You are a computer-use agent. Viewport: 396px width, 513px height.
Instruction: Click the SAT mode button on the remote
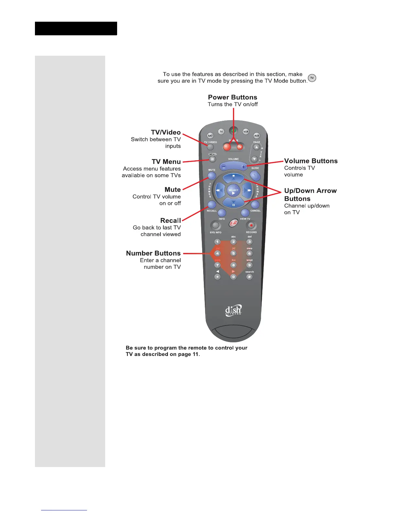pyautogui.click(x=210, y=136)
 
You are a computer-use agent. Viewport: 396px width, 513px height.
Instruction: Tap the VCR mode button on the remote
pyautogui.click(x=246, y=131)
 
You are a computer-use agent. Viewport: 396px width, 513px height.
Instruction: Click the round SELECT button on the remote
pyautogui.click(x=233, y=190)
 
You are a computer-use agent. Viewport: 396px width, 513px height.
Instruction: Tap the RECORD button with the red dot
pyautogui.click(x=251, y=225)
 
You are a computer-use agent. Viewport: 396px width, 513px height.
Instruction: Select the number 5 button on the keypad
pyautogui.click(x=233, y=253)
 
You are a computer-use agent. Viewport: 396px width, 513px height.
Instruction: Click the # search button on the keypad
pyautogui.click(x=249, y=277)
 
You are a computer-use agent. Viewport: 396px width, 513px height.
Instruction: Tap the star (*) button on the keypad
pyautogui.click(x=217, y=277)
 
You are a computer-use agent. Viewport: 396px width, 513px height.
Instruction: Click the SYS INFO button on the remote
pyautogui.click(x=215, y=225)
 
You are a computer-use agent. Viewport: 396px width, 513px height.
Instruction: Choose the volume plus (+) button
pyautogui.click(x=243, y=167)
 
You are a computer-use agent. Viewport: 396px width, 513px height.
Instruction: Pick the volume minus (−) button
pyautogui.click(x=224, y=167)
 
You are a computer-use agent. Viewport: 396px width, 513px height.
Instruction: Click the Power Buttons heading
pyautogui.click(x=232, y=97)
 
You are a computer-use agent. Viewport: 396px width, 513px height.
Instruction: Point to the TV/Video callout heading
pyautogui.click(x=166, y=132)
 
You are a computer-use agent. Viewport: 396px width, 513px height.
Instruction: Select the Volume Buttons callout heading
pyautogui.click(x=311, y=161)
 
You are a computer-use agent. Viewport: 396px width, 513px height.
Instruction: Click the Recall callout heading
pyautogui.click(x=170, y=221)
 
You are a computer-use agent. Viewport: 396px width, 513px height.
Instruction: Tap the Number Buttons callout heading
pyautogui.click(x=153, y=253)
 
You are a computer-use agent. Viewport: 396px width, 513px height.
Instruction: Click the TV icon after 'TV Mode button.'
pyautogui.click(x=312, y=78)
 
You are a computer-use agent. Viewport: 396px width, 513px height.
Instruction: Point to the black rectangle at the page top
pyautogui.click(x=76, y=28)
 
